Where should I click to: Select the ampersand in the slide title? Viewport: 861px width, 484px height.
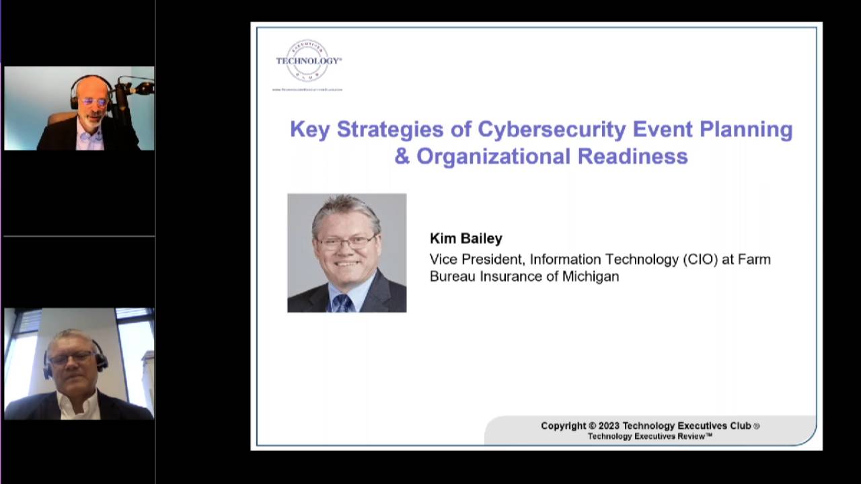402,156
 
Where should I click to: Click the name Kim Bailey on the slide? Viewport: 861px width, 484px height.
466,239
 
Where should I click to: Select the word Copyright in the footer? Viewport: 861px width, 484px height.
563,426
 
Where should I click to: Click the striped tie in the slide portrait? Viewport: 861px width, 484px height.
342,302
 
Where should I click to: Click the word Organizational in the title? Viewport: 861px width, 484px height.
494,156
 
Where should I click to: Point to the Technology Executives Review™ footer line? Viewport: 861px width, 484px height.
650,436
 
